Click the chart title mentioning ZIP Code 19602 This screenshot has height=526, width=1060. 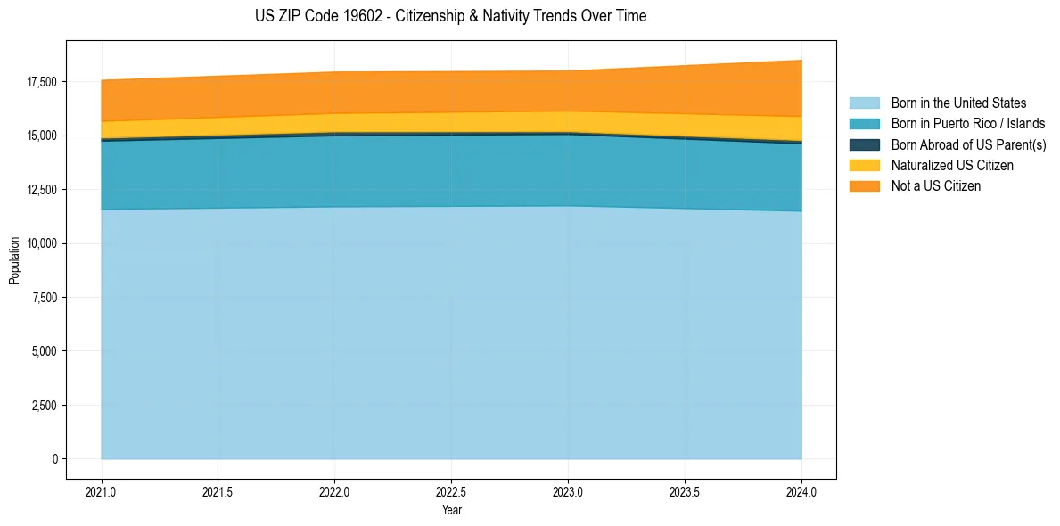[450, 16]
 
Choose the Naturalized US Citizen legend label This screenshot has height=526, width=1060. [952, 166]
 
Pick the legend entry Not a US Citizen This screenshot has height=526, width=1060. [936, 186]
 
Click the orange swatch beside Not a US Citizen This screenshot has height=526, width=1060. [864, 186]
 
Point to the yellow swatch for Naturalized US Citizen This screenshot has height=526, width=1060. [864, 166]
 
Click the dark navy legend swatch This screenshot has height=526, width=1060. [864, 144]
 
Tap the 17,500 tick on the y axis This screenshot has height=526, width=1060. [41, 82]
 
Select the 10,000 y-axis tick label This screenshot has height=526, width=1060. [41, 243]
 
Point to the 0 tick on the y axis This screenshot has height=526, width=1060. [53, 459]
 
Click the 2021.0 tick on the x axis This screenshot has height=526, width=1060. [101, 491]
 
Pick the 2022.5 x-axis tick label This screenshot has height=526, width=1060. [451, 491]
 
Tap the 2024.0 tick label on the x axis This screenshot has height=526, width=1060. [801, 491]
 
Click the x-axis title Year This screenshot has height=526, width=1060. [451, 511]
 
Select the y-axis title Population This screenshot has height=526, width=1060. [14, 260]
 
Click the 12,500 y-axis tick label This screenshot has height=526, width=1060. [41, 190]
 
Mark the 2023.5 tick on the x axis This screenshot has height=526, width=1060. [685, 491]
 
